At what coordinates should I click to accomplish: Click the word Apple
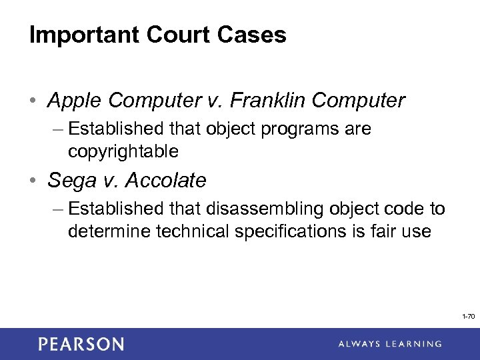(x=75, y=101)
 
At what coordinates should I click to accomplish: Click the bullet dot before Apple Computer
(x=33, y=101)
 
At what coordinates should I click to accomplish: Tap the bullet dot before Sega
(x=33, y=181)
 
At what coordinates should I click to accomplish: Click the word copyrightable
(x=123, y=151)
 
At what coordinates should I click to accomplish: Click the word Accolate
(x=167, y=181)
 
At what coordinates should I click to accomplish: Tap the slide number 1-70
(x=468, y=317)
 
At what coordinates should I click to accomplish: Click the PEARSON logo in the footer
(x=81, y=344)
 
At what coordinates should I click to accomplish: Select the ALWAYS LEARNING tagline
(x=389, y=344)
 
